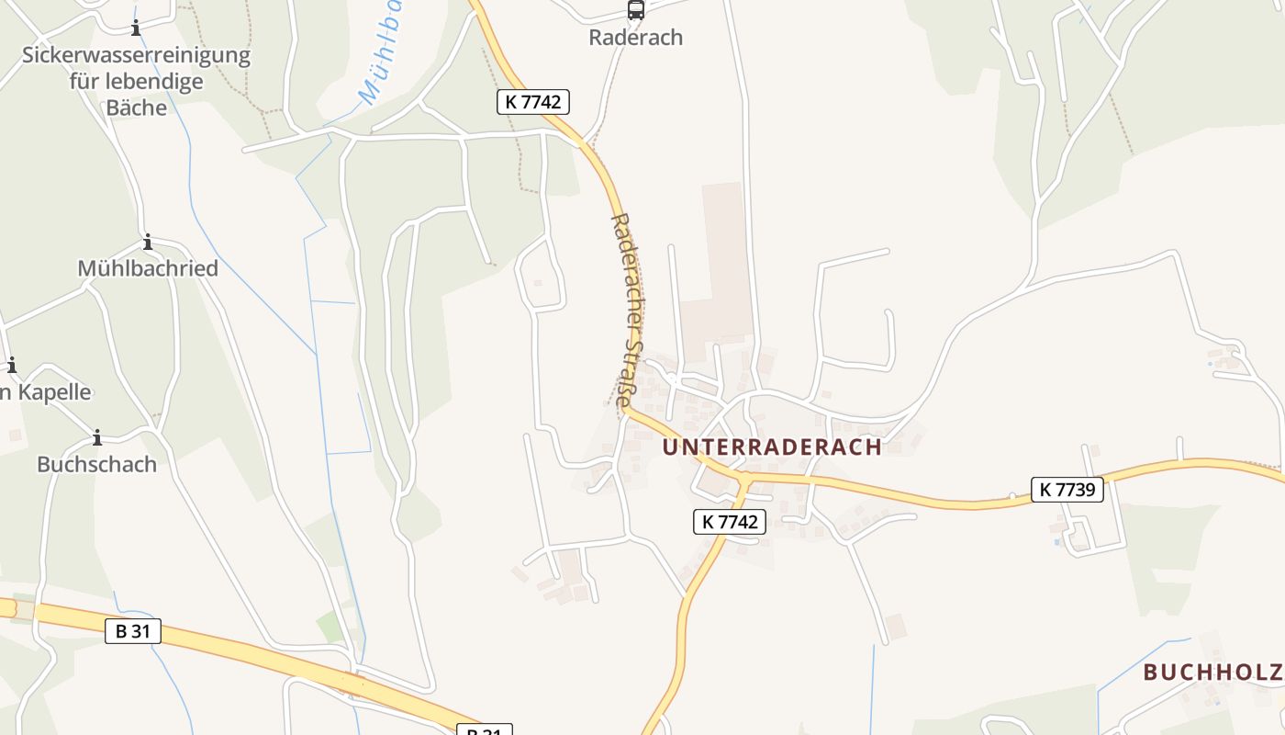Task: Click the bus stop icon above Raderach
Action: click(635, 10)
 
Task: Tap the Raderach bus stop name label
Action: click(636, 38)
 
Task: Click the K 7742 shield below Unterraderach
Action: click(729, 522)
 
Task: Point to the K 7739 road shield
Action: click(1067, 490)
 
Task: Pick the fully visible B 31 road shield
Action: click(133, 631)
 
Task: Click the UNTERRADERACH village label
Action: click(772, 447)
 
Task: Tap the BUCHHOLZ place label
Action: click(1212, 672)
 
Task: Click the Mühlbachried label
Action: click(148, 268)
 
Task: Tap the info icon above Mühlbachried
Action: click(148, 243)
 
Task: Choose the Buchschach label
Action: click(96, 464)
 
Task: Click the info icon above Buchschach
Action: click(96, 437)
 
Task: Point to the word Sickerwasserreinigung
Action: click(136, 55)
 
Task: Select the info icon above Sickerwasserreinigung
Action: click(136, 28)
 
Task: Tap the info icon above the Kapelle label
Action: click(12, 366)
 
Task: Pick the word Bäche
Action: click(137, 107)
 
